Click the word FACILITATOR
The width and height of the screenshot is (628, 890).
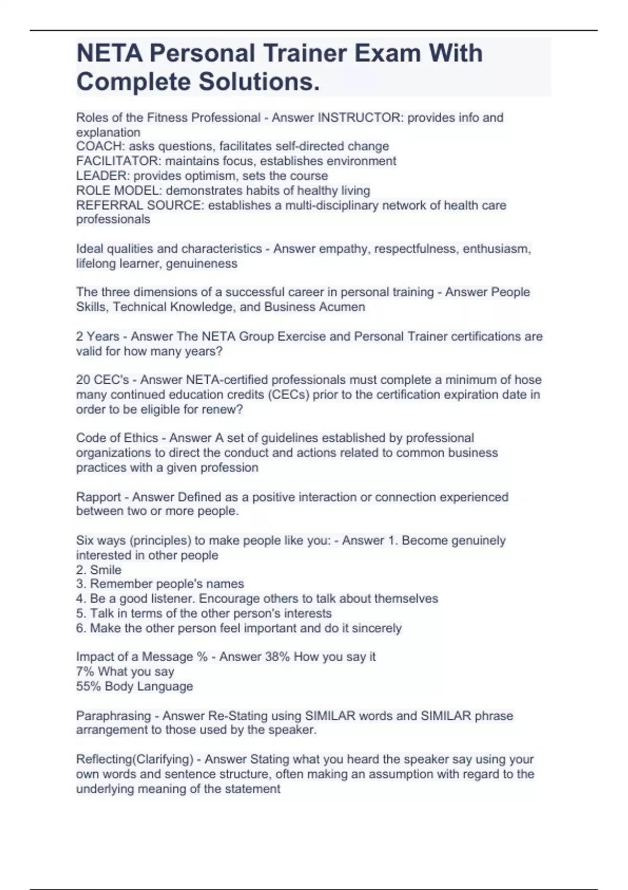click(118, 161)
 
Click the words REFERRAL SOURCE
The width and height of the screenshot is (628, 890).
click(139, 205)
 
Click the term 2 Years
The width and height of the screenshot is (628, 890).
click(98, 336)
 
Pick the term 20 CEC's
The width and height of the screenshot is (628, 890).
click(103, 380)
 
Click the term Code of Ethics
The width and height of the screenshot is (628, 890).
click(117, 438)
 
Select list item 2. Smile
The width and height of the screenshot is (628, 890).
click(99, 570)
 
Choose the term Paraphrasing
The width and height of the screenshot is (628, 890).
click(113, 716)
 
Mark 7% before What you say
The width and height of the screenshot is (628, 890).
click(85, 671)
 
